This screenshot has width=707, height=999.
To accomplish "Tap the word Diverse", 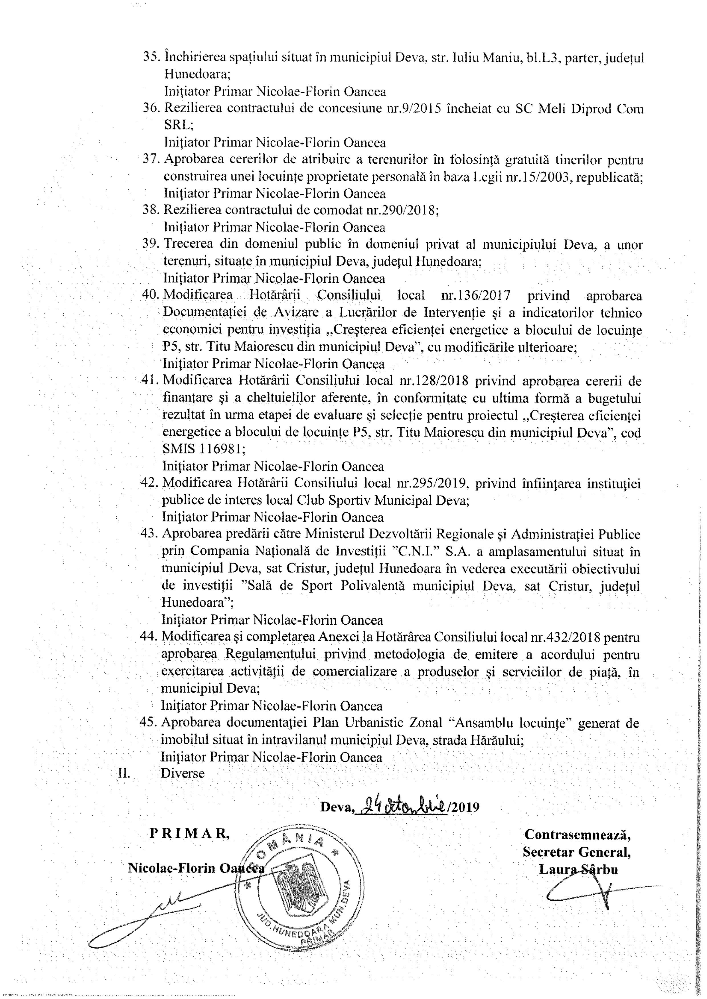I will (x=183, y=773).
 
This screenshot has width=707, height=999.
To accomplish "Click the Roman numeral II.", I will (x=125, y=773).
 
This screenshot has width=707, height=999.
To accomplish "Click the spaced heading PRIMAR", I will (x=189, y=833).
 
